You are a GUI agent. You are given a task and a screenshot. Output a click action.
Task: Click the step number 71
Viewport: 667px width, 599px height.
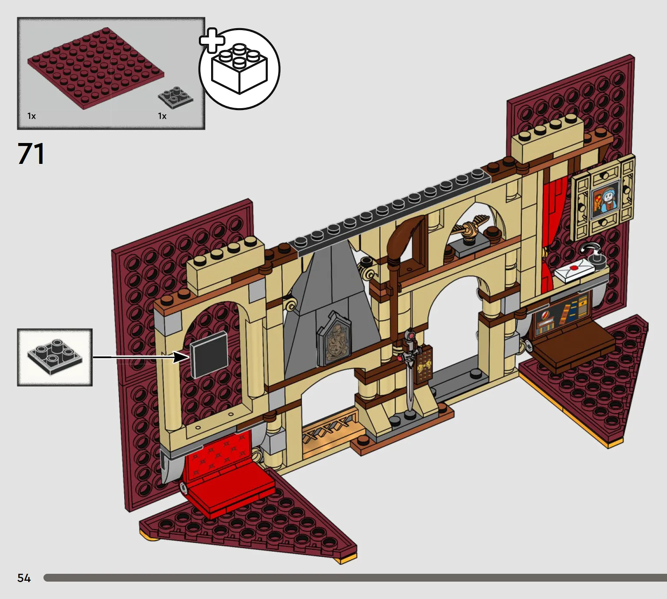click(x=31, y=154)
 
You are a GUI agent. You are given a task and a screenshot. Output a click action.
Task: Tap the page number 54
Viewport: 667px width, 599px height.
click(x=24, y=578)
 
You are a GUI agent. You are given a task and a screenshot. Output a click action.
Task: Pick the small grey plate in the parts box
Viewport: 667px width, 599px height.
click(x=176, y=97)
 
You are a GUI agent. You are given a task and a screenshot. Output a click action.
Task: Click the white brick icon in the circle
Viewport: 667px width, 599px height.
click(x=239, y=69)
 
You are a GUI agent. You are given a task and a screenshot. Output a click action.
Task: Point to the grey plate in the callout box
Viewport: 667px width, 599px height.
click(x=55, y=357)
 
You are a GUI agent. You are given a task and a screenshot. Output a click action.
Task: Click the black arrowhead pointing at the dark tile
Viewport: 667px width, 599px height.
click(x=181, y=357)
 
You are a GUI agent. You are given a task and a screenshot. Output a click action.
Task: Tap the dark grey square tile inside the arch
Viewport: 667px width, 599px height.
click(x=209, y=354)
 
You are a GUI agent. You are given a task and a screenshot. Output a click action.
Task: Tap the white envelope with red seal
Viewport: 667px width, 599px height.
click(x=574, y=269)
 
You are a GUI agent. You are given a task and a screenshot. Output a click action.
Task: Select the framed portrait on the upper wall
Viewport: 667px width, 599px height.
click(x=603, y=197)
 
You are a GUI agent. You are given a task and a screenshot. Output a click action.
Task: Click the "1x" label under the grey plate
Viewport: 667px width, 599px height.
click(x=162, y=116)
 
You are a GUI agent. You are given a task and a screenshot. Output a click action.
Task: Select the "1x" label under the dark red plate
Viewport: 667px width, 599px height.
click(x=31, y=116)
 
